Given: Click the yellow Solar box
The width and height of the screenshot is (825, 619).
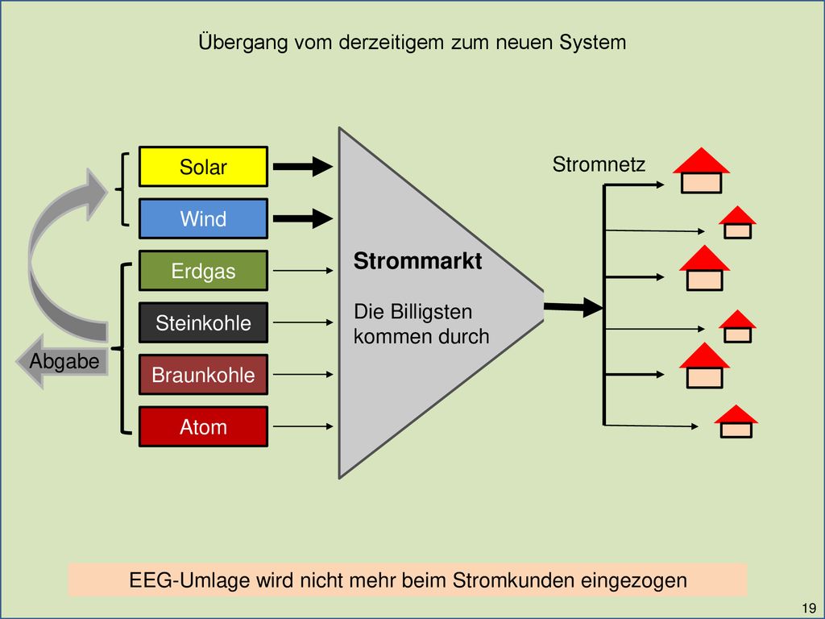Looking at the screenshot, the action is [203, 166].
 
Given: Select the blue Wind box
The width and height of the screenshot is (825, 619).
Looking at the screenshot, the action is [203, 218].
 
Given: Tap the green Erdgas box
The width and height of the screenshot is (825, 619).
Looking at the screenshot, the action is [203, 271].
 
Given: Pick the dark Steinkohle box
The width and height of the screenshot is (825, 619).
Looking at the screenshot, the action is [203, 322].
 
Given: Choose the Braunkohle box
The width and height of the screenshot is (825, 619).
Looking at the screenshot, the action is [203, 374].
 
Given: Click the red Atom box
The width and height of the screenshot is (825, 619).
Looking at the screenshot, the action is [203, 426].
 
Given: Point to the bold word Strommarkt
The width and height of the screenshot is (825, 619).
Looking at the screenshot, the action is [417, 261].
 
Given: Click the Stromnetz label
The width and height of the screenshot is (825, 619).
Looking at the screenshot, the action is [599, 164].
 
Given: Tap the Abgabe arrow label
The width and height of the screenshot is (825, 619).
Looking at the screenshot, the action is [64, 362].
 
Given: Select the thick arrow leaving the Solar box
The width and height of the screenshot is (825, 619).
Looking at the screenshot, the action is [303, 166].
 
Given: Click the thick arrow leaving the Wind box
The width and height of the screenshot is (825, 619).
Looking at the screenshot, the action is [303, 218].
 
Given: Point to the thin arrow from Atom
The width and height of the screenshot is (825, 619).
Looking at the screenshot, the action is [303, 426].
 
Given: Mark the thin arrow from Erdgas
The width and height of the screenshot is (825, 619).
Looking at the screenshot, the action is [303, 271].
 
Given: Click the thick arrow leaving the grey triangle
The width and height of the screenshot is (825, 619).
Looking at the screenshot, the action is [573, 307].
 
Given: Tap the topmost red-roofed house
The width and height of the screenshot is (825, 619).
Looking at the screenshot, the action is [702, 171].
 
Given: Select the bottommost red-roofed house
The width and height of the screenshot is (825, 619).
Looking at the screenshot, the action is [736, 421].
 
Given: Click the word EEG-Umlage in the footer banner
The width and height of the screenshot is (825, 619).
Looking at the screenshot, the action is [189, 580].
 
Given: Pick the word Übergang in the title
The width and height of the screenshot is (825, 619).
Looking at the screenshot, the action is [243, 42].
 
